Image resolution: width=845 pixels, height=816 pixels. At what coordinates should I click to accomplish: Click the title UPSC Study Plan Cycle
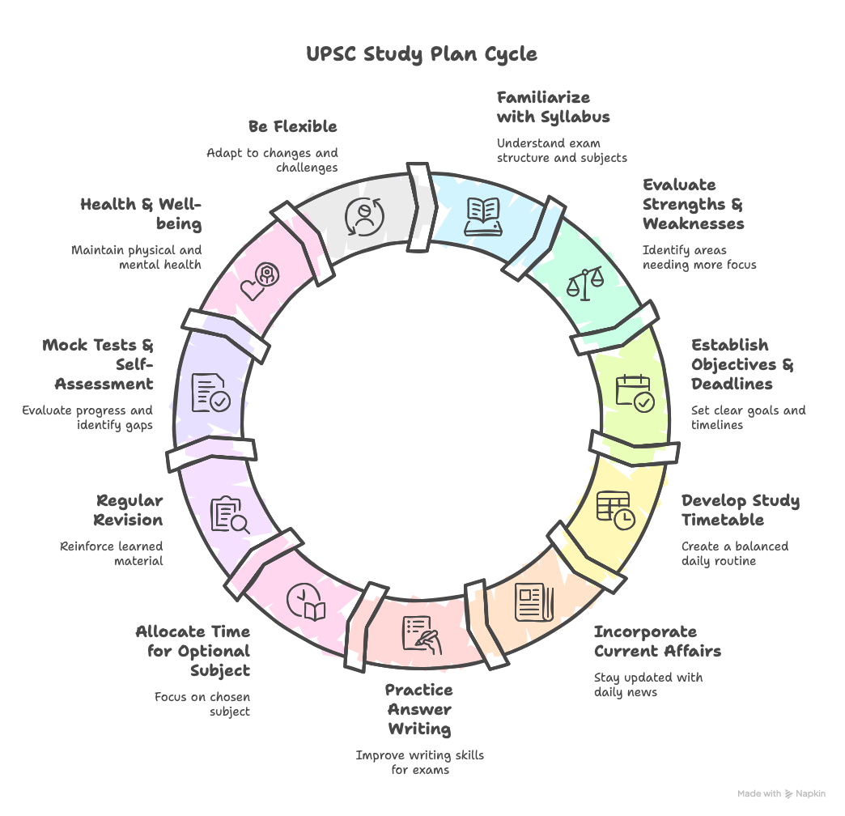coord(422,54)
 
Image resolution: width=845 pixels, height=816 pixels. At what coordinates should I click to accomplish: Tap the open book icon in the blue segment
coord(483,217)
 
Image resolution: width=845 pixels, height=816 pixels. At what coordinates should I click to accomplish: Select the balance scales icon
coord(584,283)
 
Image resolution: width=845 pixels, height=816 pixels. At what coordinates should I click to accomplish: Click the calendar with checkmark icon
coord(635,393)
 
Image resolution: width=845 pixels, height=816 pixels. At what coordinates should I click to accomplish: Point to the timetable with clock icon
coord(616,510)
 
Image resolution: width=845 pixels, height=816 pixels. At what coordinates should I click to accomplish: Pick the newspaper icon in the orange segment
coord(534,602)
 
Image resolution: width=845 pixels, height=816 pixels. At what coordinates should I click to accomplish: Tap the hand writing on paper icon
coord(422,635)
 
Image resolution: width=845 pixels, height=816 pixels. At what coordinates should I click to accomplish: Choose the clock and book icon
coord(306,602)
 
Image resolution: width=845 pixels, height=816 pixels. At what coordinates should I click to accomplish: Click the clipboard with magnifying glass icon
coord(230,515)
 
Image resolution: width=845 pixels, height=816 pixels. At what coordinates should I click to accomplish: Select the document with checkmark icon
coord(211,393)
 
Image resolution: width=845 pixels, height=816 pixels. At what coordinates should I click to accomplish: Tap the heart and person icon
coord(260,282)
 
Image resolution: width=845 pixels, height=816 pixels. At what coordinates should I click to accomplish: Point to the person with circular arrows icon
coord(365,217)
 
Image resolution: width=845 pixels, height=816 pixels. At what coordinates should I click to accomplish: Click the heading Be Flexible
coord(293,126)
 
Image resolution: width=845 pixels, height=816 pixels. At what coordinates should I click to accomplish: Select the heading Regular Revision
coord(128,510)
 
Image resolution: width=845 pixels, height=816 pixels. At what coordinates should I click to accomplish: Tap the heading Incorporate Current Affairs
coord(657,641)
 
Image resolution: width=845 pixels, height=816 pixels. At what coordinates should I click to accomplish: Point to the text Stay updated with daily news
coord(648,685)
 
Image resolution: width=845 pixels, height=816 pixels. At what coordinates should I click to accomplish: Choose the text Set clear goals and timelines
coord(749,418)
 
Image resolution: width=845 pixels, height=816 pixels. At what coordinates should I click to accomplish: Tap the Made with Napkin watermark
coord(781,793)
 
